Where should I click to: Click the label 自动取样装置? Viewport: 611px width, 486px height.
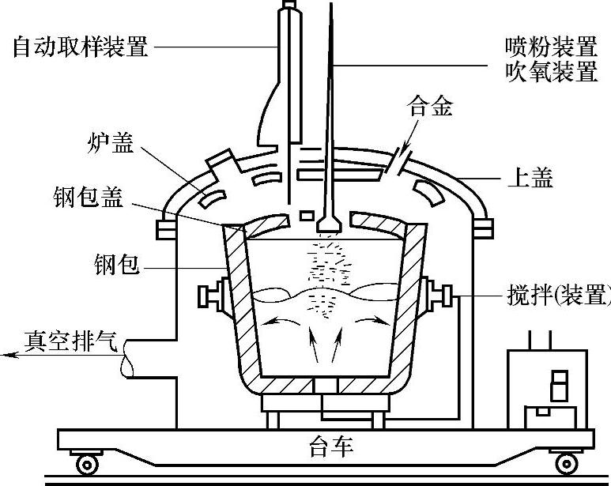click(81, 47)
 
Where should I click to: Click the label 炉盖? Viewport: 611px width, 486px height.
click(111, 145)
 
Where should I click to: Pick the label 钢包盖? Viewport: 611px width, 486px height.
click(89, 198)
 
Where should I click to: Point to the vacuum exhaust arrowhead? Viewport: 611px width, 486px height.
click(9, 356)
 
